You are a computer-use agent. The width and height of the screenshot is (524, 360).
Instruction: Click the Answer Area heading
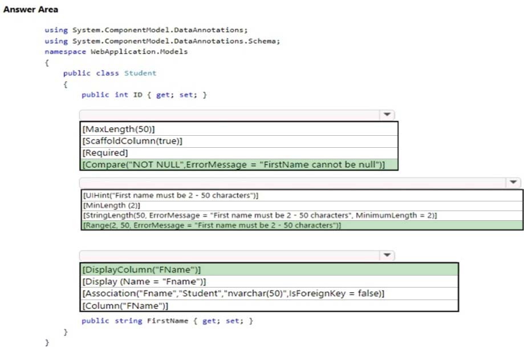click(x=31, y=9)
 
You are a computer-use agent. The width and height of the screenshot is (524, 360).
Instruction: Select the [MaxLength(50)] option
click(x=119, y=129)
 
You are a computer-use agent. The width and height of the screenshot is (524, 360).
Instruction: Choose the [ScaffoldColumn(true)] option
click(x=132, y=141)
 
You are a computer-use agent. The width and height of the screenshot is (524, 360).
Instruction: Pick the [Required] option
click(x=105, y=153)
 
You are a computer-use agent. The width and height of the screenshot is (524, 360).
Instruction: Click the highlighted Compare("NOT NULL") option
click(x=234, y=164)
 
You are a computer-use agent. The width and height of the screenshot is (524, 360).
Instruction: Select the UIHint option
click(x=170, y=195)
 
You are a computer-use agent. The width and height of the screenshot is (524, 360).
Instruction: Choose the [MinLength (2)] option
click(x=112, y=205)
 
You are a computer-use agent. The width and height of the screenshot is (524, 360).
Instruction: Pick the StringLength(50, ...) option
click(x=260, y=215)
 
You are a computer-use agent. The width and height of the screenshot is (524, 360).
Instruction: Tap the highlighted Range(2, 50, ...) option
click(x=212, y=225)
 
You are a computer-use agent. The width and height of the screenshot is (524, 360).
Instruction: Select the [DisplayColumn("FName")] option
click(x=141, y=269)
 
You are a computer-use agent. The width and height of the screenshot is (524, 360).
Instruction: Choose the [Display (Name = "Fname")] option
click(x=144, y=281)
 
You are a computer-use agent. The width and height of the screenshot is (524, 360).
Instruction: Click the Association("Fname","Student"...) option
click(x=233, y=293)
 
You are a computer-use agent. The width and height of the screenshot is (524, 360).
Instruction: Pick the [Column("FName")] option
click(x=125, y=306)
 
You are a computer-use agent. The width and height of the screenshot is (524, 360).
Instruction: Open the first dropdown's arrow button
click(x=387, y=115)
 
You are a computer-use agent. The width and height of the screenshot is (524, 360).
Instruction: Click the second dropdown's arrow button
click(x=513, y=182)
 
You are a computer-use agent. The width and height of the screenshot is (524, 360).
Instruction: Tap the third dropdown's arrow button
click(x=387, y=256)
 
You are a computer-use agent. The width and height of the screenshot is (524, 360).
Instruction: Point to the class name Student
click(x=140, y=73)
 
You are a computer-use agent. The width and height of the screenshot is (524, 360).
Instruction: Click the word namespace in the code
click(x=65, y=52)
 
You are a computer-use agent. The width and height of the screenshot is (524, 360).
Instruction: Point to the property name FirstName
click(x=168, y=321)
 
